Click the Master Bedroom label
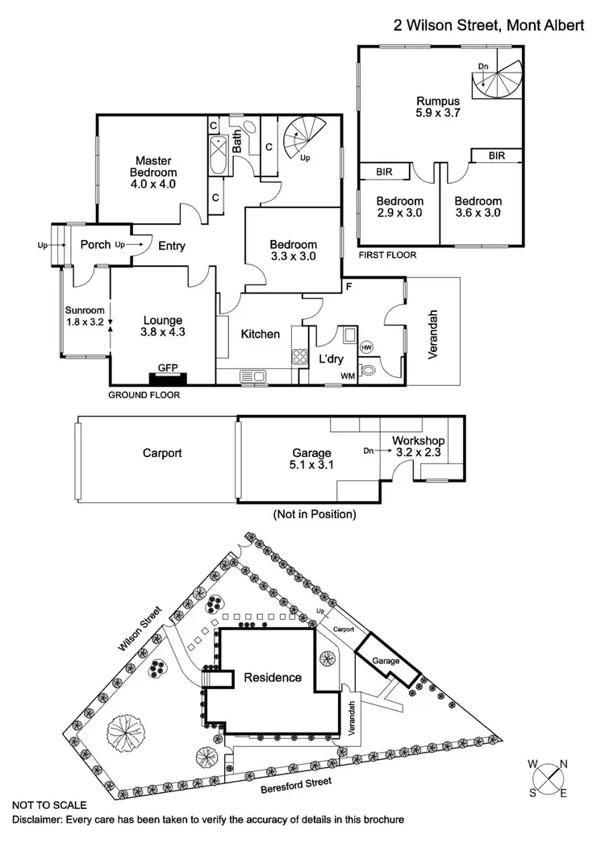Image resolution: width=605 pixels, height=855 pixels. point(152,166)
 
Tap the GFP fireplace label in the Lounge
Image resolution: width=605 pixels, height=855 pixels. point(168,368)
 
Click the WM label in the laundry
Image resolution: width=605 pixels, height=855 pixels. point(348,376)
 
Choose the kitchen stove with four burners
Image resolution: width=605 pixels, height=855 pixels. point(298,357)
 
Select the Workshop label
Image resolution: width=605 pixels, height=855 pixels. point(415,442)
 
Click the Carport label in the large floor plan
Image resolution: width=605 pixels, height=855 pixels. point(161,453)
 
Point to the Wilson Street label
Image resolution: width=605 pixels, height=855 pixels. point(141,635)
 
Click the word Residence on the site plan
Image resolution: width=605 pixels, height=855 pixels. point(273,678)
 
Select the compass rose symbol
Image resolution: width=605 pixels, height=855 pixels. point(548,778)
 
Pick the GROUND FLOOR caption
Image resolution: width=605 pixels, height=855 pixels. point(145,396)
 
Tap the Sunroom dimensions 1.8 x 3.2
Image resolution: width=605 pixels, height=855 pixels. point(85,322)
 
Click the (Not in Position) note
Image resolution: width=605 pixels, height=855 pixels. point(315,513)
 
